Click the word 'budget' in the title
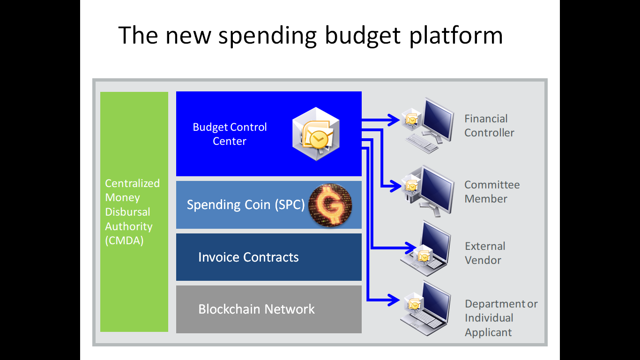tap(363, 36)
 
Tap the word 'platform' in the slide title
tap(456, 36)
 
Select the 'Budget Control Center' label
tap(230, 134)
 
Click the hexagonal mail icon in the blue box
tap(316, 134)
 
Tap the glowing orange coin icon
tap(330, 205)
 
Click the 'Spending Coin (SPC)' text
tap(246, 205)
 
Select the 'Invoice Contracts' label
tap(248, 257)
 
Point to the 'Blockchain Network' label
tap(256, 309)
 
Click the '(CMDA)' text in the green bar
tap(124, 240)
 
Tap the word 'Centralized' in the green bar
tap(132, 183)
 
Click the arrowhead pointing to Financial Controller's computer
tap(394, 120)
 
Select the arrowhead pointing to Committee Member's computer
tap(395, 186)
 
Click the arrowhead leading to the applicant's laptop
tap(394, 300)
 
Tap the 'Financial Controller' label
tap(489, 126)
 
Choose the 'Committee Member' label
tap(492, 192)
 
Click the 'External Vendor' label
tap(485, 253)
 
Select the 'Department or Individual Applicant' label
tap(501, 318)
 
